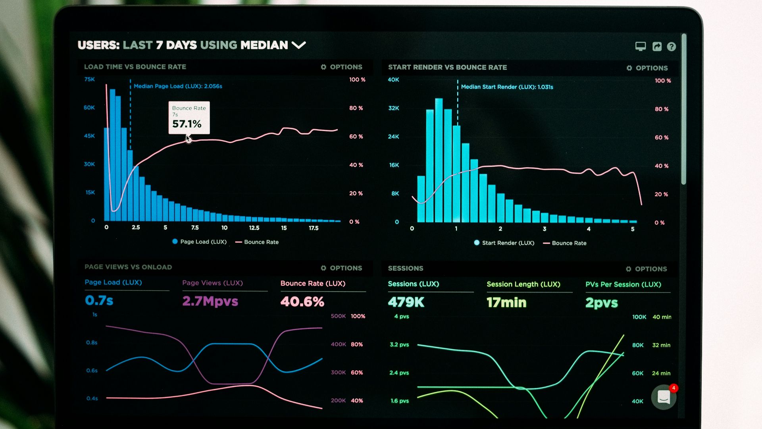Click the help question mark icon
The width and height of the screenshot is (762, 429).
click(671, 47)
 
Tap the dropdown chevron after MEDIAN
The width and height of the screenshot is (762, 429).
click(298, 45)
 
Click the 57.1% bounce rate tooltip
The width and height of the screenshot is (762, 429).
click(189, 118)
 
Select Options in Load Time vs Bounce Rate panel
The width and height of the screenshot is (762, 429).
click(341, 67)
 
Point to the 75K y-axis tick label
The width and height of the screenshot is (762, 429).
click(90, 79)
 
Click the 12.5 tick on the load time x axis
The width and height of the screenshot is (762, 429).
click(254, 228)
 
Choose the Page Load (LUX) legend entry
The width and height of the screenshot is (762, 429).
click(199, 242)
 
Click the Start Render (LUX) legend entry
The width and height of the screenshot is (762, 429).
click(504, 243)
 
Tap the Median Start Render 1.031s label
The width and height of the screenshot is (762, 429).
click(507, 87)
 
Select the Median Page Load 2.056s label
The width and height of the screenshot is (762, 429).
click(178, 86)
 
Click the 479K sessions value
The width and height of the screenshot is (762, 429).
click(406, 302)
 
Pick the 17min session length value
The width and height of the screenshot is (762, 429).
click(506, 303)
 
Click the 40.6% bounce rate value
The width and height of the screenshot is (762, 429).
click(302, 301)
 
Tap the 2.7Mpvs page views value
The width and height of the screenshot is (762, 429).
click(210, 301)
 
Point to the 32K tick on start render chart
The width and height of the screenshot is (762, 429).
click(394, 108)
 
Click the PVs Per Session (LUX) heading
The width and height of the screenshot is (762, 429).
click(623, 284)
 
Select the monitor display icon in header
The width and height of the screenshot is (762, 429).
click(640, 46)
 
